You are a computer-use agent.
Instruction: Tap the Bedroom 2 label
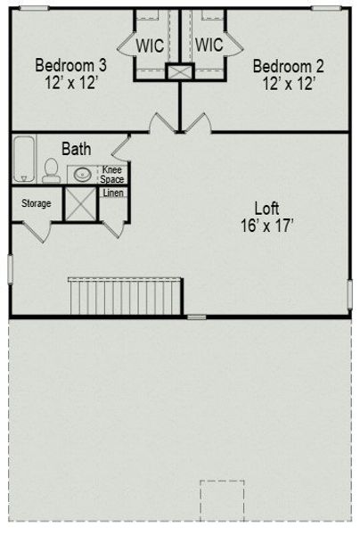[x=288, y=66]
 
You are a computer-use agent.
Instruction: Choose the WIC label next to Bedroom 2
[x=209, y=45]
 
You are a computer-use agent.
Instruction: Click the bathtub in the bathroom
[x=24, y=160]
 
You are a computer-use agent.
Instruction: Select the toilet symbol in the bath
[x=52, y=170]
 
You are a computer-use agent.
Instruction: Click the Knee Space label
[x=112, y=174]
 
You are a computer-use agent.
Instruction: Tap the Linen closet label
[x=113, y=193]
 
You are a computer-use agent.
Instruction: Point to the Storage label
[x=36, y=203]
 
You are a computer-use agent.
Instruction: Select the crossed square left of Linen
[x=83, y=202]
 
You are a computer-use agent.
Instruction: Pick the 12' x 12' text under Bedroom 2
[x=288, y=84]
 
